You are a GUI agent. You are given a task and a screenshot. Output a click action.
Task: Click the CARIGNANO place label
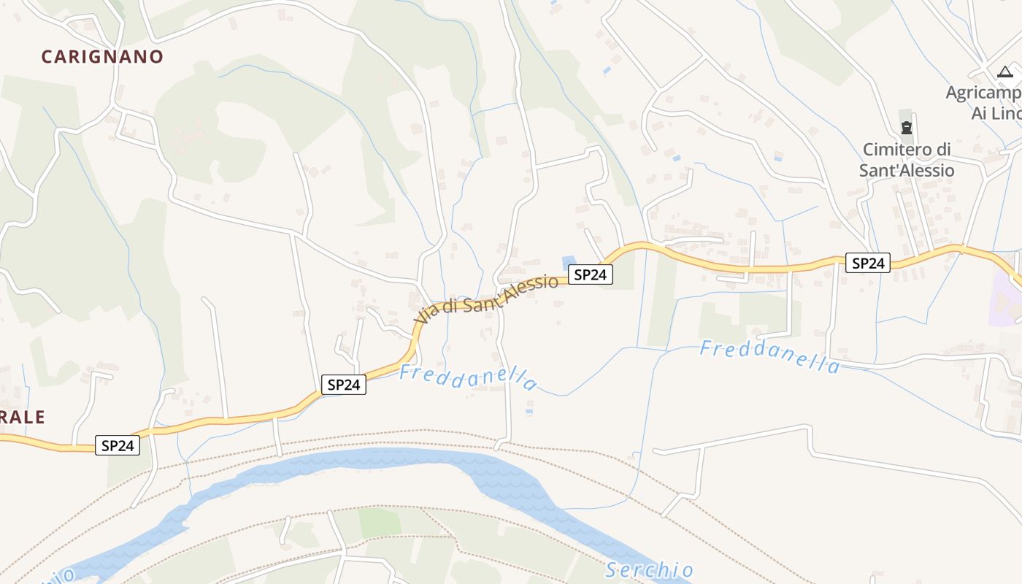102,56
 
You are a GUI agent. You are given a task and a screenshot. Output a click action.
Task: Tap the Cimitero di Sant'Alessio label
907,160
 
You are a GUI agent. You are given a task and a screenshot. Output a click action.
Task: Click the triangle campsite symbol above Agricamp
1005,72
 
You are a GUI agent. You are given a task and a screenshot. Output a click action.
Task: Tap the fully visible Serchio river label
649,569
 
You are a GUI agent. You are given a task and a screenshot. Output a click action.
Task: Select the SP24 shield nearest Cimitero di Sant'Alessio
868,263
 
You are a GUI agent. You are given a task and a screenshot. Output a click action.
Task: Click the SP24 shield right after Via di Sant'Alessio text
591,274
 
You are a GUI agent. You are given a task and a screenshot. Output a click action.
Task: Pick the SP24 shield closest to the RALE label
118,445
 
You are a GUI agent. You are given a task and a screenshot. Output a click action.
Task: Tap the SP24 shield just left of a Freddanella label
343,385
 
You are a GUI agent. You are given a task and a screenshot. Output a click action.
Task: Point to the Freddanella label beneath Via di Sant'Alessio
468,377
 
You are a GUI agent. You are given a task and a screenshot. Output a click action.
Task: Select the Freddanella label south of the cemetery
769,356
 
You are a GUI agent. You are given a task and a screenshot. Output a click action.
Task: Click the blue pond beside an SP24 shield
568,261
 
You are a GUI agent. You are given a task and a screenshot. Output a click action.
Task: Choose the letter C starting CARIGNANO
47,56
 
